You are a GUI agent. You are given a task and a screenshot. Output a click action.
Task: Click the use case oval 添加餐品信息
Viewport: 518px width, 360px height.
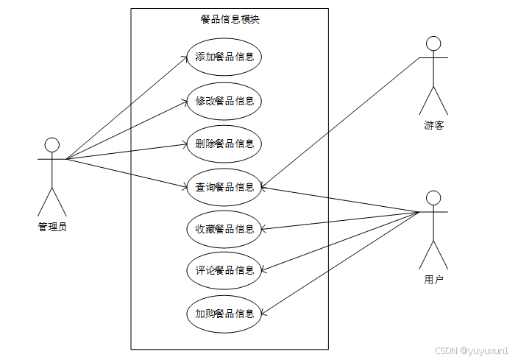pyautogui.click(x=224, y=57)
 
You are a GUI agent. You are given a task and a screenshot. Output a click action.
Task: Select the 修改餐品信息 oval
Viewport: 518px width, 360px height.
pyautogui.click(x=224, y=100)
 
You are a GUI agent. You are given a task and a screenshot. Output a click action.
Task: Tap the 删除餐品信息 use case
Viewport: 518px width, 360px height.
pyautogui.click(x=224, y=143)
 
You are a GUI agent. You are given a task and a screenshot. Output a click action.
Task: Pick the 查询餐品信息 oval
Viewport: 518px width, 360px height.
pyautogui.click(x=224, y=186)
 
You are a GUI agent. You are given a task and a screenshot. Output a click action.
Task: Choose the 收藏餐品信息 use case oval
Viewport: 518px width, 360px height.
pyautogui.click(x=224, y=229)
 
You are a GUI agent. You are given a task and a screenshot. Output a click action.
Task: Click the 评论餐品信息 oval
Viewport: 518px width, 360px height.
pyautogui.click(x=224, y=270)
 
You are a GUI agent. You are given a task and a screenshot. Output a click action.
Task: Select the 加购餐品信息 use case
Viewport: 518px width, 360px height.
pyautogui.click(x=224, y=314)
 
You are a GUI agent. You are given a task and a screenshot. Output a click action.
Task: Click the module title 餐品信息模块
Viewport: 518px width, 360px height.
pyautogui.click(x=230, y=20)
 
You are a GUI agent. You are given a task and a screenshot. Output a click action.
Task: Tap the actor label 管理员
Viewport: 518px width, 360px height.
pyautogui.click(x=52, y=227)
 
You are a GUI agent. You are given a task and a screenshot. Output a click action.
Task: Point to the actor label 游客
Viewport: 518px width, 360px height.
pyautogui.click(x=433, y=125)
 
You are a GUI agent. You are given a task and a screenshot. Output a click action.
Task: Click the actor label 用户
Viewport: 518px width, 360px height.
pyautogui.click(x=433, y=280)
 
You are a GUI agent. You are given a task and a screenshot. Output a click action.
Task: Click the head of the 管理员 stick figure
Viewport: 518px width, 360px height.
pyautogui.click(x=52, y=143)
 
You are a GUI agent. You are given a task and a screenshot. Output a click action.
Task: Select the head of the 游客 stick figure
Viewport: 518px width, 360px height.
pyautogui.click(x=433, y=42)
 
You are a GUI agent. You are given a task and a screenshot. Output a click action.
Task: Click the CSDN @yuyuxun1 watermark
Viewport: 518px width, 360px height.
pyautogui.click(x=472, y=351)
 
